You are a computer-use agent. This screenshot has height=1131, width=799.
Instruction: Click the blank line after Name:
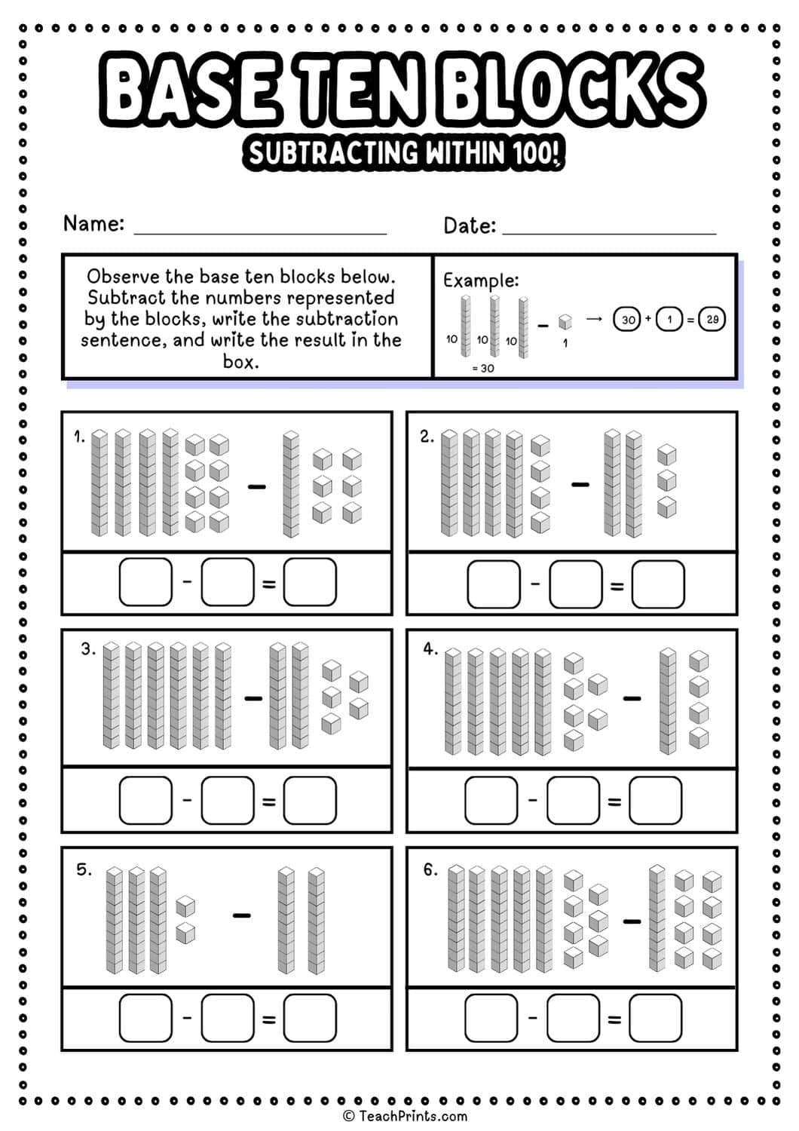pyautogui.click(x=260, y=231)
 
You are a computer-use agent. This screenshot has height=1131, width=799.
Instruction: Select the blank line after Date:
pyautogui.click(x=609, y=231)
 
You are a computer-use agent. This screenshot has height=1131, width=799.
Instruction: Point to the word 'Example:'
pyautogui.click(x=480, y=280)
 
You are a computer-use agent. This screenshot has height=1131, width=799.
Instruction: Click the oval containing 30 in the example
pyautogui.click(x=627, y=320)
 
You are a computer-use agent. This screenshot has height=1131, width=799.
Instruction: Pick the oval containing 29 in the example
pyautogui.click(x=712, y=319)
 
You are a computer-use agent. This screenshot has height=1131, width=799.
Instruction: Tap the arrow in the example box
pyautogui.click(x=594, y=319)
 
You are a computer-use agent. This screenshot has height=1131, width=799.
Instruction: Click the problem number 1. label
pyautogui.click(x=79, y=436)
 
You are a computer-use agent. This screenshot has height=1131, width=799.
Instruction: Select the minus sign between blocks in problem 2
pyautogui.click(x=580, y=484)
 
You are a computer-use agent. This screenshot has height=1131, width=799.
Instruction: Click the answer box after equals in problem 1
pyautogui.click(x=310, y=582)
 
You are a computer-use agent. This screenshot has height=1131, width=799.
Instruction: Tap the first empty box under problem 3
pyautogui.click(x=145, y=800)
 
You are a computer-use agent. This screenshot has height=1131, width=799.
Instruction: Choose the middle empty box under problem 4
pyautogui.click(x=573, y=800)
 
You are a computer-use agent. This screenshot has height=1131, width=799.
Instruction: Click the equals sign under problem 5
pyautogui.click(x=268, y=1020)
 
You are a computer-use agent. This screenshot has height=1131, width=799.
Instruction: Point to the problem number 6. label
pyautogui.click(x=430, y=869)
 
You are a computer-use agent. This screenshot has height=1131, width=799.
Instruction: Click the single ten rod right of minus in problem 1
pyautogui.click(x=290, y=484)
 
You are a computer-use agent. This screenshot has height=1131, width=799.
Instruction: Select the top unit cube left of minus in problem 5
pyautogui.click(x=185, y=906)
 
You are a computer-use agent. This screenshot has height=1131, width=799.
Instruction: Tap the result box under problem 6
pyautogui.click(x=655, y=1018)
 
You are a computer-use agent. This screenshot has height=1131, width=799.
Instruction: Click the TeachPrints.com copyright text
pyautogui.click(x=405, y=1116)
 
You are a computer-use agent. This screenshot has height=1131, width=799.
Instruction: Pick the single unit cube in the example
pyautogui.click(x=565, y=322)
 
